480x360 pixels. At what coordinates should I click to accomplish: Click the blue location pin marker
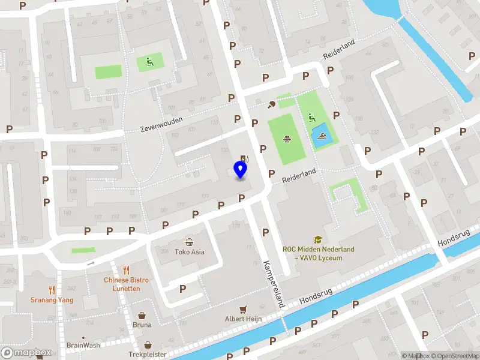pos(241,170)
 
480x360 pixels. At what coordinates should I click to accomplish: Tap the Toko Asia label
pos(190,252)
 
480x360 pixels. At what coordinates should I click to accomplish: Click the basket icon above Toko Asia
pos(190,242)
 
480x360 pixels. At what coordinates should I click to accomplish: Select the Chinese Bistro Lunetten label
pos(126,284)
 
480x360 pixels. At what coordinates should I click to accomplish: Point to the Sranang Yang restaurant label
pos(52,299)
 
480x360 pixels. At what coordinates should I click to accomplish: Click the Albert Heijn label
pos(244,319)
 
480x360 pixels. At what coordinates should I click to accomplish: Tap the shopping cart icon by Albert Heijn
pos(244,310)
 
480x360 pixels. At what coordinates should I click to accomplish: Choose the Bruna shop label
pos(142,325)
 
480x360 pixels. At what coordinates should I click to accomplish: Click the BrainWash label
pos(83,345)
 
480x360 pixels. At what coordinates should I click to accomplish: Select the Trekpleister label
pos(148,355)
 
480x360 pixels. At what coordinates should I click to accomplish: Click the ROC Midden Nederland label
pos(319,253)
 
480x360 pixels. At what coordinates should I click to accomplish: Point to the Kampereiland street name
pos(272,284)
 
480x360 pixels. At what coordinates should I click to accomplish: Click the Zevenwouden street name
pos(161,124)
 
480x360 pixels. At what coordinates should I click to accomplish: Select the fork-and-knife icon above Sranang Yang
pos(52,289)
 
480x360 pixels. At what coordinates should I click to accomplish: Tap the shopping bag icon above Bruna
pos(142,315)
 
